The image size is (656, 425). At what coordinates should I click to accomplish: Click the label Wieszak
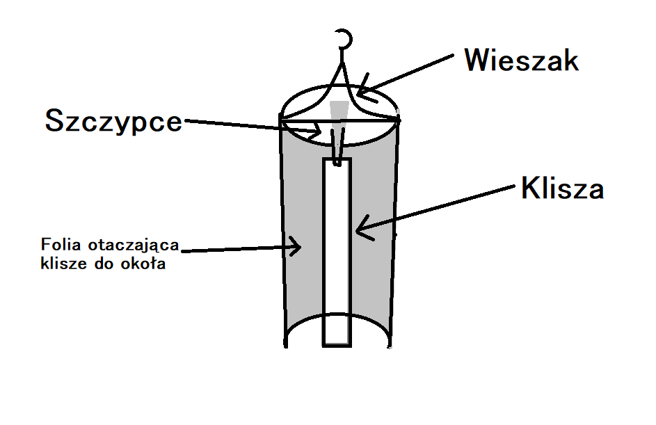click(x=522, y=61)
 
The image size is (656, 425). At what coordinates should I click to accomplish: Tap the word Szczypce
click(x=113, y=121)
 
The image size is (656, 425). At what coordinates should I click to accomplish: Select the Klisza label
click(x=562, y=189)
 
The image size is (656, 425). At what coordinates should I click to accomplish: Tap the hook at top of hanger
click(x=342, y=39)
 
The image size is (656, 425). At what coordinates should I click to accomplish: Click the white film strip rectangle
click(x=337, y=250)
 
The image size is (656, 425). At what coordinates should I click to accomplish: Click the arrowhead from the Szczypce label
click(x=317, y=129)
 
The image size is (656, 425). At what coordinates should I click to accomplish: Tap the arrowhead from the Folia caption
click(x=296, y=245)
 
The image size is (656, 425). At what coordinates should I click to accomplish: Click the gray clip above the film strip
click(x=338, y=111)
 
